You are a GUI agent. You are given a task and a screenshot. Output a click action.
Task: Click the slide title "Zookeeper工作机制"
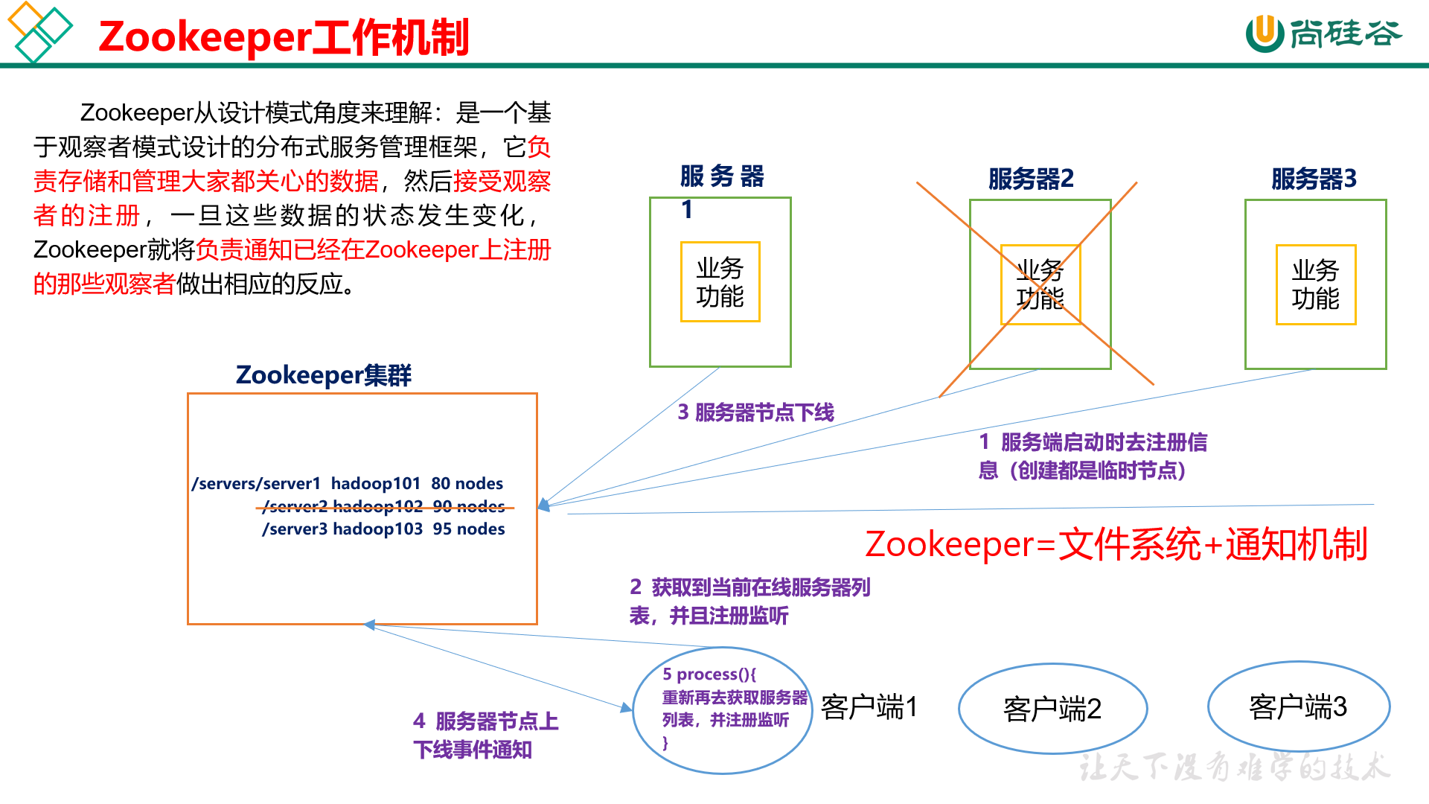pyautogui.click(x=284, y=37)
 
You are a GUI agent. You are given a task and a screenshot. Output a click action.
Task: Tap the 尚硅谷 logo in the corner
pyautogui.click(x=1323, y=33)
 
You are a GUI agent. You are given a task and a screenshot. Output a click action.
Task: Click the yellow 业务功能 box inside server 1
pyautogui.click(x=720, y=282)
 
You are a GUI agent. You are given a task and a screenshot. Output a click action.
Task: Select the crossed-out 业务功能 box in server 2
pyautogui.click(x=1040, y=284)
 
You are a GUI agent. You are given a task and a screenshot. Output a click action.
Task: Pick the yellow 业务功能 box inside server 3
pyautogui.click(x=1315, y=284)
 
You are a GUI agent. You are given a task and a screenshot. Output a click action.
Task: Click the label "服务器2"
pyautogui.click(x=1031, y=179)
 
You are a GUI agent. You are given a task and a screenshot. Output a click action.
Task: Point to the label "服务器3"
pyautogui.click(x=1314, y=179)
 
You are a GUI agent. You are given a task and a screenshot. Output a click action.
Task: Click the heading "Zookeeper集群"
pyautogui.click(x=323, y=374)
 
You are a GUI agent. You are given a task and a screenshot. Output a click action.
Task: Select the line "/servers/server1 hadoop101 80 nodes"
pyautogui.click(x=347, y=484)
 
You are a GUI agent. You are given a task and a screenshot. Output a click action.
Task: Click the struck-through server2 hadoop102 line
pyautogui.click(x=383, y=507)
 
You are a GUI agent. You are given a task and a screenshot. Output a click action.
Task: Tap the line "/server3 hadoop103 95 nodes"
pyautogui.click(x=383, y=529)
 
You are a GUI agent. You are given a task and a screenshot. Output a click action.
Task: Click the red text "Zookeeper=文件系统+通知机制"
pyautogui.click(x=1116, y=544)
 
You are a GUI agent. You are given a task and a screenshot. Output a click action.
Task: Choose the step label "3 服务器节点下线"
pyautogui.click(x=755, y=412)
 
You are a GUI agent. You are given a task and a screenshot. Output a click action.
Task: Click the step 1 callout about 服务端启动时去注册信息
pyautogui.click(x=1092, y=456)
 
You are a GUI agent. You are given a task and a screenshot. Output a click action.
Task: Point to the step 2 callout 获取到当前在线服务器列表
pyautogui.click(x=749, y=602)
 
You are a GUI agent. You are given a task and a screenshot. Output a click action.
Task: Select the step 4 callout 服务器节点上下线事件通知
pyautogui.click(x=485, y=736)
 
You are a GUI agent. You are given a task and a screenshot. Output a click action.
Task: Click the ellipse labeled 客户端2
pyautogui.click(x=1052, y=709)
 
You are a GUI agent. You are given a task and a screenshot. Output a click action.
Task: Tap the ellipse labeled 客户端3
pyautogui.click(x=1298, y=706)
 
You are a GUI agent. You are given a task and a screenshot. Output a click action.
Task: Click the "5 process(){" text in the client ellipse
pyautogui.click(x=709, y=674)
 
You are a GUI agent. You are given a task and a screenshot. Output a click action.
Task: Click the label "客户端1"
pyautogui.click(x=869, y=707)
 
